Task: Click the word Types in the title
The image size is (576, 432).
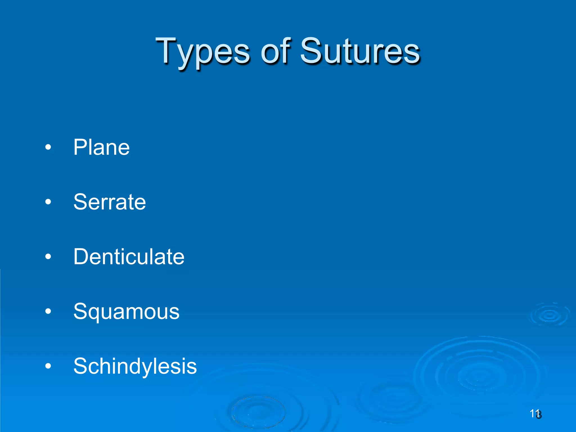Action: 202,52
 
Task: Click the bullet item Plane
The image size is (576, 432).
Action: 101,147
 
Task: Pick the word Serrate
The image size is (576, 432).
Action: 109,202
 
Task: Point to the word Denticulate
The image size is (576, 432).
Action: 129,256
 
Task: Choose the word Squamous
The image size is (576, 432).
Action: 126,312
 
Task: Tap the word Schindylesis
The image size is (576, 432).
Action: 135,366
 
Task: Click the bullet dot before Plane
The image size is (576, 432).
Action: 48,147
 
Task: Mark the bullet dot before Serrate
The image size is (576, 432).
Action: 48,202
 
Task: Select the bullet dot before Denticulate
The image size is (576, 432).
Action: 48,256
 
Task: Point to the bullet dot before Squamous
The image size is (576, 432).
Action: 48,311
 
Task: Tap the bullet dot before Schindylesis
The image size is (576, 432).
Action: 48,366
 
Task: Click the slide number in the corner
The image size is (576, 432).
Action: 535,414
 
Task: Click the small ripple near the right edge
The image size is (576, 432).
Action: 549,315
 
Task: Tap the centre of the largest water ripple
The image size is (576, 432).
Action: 480,375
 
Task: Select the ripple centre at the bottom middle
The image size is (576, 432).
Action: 257,412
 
